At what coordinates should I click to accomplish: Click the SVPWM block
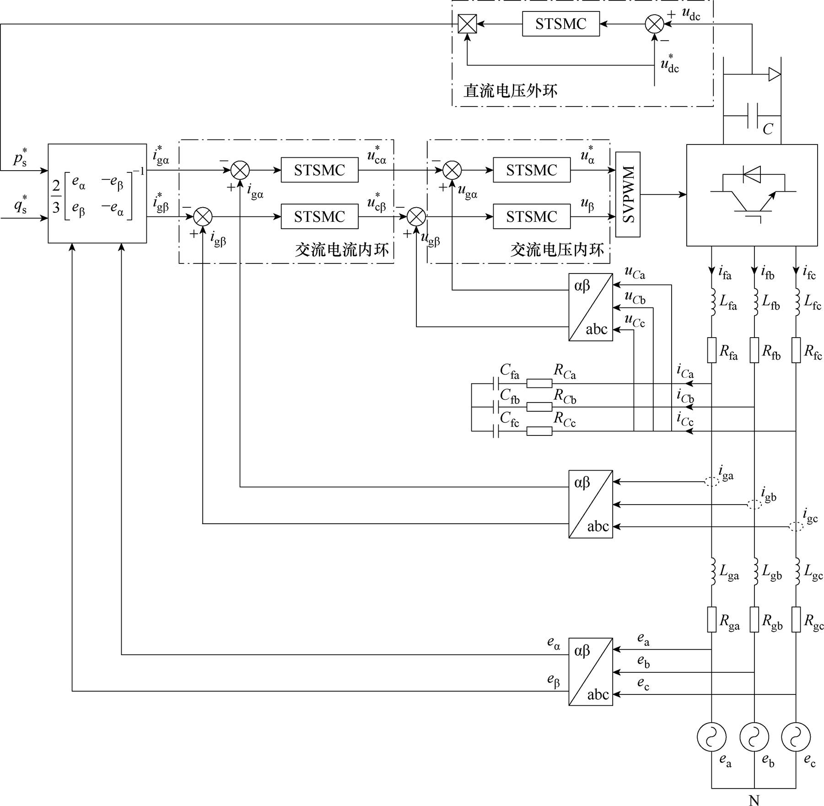coord(627,194)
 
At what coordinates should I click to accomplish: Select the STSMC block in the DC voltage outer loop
coord(560,24)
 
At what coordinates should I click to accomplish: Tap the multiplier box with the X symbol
coord(467,24)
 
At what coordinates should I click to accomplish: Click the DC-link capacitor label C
coord(767,129)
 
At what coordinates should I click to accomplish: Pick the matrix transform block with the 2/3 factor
coord(97,193)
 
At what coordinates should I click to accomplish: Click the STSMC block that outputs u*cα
coord(319,170)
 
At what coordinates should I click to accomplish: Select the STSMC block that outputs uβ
coord(531,216)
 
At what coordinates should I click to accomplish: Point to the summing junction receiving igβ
coord(203,216)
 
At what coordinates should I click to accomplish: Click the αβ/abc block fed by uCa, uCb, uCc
coord(590,307)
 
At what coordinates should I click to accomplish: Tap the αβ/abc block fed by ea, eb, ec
coord(590,672)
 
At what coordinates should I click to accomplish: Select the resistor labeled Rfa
coord(711,350)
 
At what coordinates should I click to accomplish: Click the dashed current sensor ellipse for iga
coord(711,482)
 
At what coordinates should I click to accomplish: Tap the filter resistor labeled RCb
coord(539,407)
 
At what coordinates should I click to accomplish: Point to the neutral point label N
coord(754,800)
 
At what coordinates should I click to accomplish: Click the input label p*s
coord(20,158)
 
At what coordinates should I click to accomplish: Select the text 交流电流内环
coord(341,250)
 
